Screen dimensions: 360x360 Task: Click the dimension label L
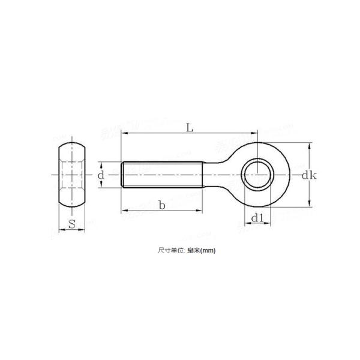(x=189, y=127)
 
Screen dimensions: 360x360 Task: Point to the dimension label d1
(x=257, y=218)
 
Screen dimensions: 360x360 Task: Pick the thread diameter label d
(x=101, y=175)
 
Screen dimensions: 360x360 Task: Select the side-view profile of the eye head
(x=71, y=175)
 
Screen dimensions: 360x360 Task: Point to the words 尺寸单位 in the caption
(x=163, y=251)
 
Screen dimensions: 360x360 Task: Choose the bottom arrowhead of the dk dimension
(x=309, y=204)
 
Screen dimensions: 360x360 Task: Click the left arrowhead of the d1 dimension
(x=245, y=224)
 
